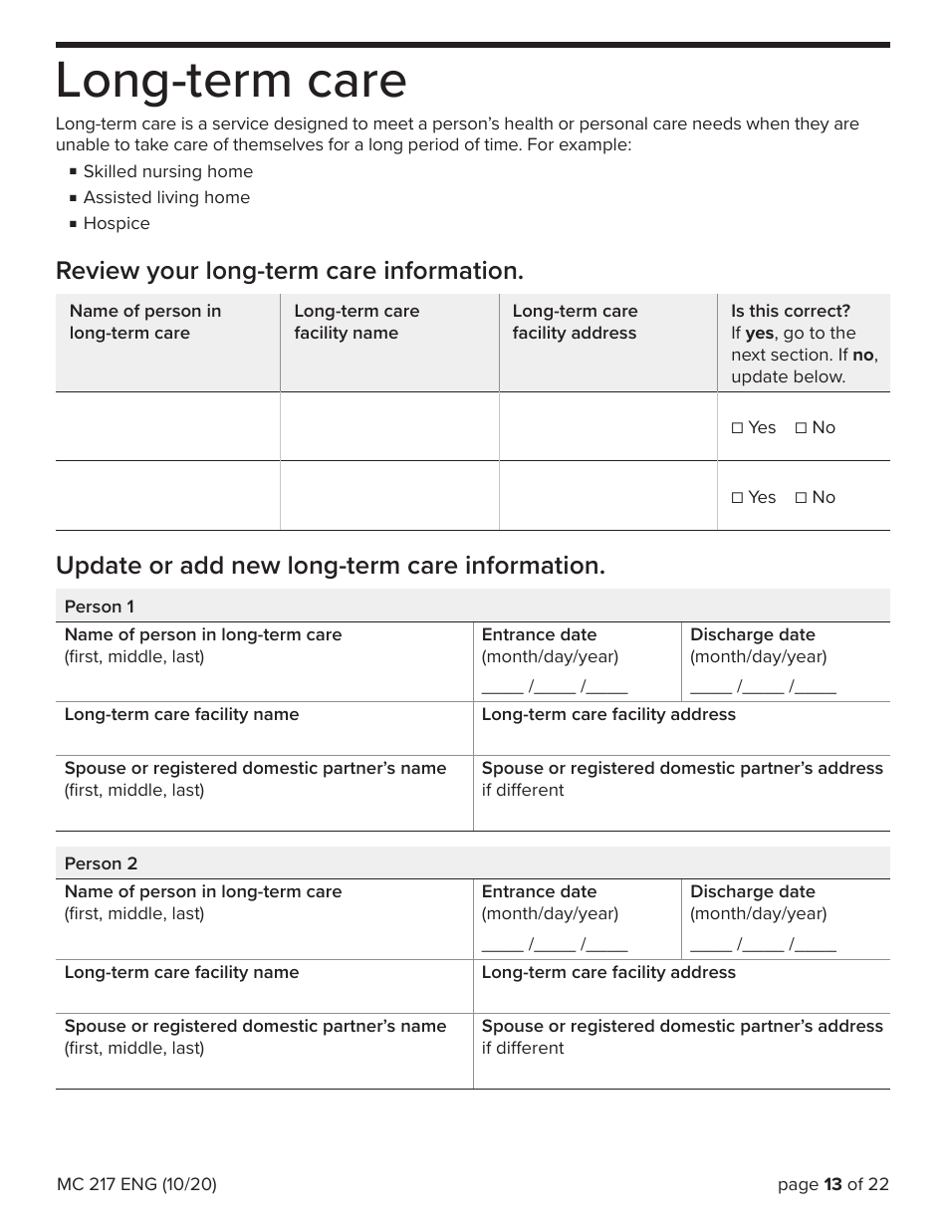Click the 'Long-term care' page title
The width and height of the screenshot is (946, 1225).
231,82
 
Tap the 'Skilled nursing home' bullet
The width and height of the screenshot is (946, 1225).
167,171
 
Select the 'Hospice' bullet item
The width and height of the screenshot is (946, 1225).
117,223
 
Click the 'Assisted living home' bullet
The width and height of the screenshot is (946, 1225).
166,197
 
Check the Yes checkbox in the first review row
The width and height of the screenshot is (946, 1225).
738,427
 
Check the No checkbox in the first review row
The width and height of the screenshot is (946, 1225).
802,427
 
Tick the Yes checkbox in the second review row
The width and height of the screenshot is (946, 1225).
738,497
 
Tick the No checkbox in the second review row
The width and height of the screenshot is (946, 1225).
802,497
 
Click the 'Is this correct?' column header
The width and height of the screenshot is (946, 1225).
791,311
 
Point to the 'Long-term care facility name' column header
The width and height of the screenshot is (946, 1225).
356,322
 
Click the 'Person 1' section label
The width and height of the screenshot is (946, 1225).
99,607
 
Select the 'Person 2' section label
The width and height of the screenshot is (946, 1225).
101,863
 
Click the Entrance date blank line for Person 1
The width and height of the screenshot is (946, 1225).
555,686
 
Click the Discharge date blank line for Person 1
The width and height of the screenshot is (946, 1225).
763,686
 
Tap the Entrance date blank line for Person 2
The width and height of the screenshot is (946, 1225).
555,943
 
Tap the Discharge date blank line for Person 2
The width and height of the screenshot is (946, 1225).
763,943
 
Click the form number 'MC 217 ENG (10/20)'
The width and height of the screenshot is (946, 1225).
136,1184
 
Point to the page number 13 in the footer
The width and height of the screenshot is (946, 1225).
832,1184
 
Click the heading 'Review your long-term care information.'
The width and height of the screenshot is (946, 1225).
289,271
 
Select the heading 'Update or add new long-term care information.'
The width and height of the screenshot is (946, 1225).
330,566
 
